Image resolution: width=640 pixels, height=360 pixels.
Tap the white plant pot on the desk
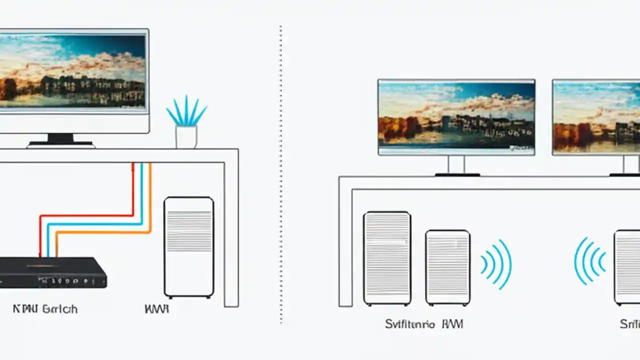(x=186, y=137)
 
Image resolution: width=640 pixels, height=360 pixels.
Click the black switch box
(x=52, y=272)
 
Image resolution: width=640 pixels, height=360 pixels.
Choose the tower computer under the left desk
(x=189, y=247)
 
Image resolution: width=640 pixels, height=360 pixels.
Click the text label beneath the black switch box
(x=45, y=309)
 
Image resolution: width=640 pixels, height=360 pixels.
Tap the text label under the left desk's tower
(x=156, y=309)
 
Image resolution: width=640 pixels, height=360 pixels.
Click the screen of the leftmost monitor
(x=72, y=71)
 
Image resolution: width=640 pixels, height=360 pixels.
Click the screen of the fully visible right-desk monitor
(x=456, y=117)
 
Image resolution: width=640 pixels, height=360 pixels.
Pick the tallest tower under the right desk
(x=387, y=258)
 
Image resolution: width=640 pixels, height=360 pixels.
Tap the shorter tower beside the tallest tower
(x=447, y=267)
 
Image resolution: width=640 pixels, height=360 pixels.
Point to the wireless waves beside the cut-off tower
(x=590, y=261)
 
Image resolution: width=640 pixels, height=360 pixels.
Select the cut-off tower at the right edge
(x=627, y=267)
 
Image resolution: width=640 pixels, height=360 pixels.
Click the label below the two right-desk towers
(x=424, y=324)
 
